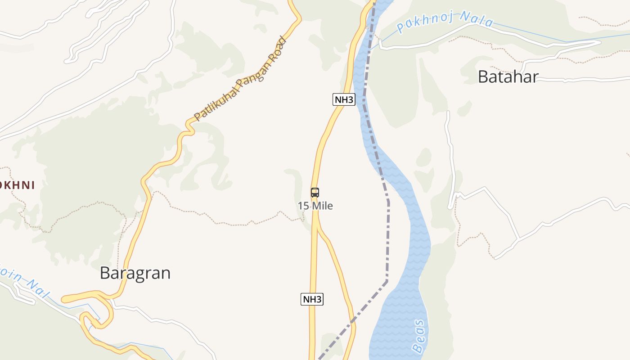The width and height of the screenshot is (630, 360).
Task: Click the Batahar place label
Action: pos(508,77)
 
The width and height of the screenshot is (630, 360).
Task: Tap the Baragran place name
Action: pos(135,273)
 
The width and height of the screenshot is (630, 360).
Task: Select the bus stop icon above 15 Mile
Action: pos(315,193)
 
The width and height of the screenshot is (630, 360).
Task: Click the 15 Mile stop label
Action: pos(315,206)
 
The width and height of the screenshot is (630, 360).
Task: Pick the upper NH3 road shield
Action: pos(344,99)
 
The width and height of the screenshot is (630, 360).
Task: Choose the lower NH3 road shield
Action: pos(312,299)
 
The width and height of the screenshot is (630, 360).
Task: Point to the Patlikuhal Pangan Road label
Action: pos(240,80)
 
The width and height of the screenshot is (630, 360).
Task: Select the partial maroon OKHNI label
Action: pos(17,185)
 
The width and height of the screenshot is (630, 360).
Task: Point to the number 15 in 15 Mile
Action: pos(304,206)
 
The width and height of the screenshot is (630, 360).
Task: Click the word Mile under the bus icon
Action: pos(322,206)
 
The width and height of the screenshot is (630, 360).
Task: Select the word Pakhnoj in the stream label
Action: pos(425,23)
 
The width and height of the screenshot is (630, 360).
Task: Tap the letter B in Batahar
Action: pos(483,77)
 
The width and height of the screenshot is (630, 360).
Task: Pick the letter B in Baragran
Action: pos(105,273)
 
